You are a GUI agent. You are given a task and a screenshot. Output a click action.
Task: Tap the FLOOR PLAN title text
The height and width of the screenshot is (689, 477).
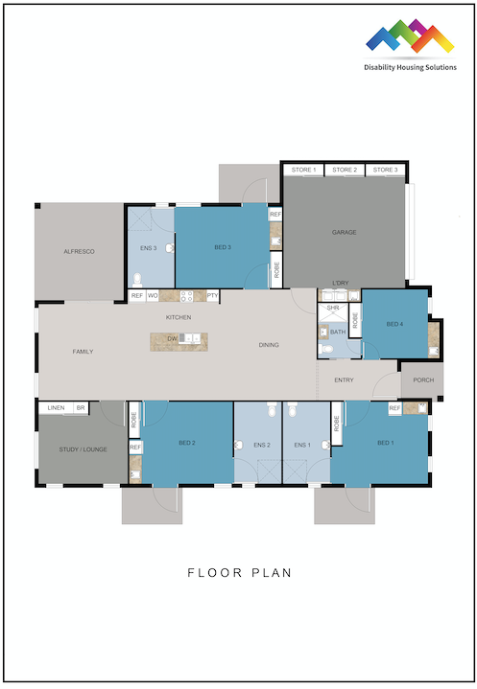tap(239, 573)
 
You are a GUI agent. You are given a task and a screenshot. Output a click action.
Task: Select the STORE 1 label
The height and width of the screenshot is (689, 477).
tap(302, 170)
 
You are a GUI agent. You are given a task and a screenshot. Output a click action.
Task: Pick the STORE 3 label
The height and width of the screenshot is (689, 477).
tap(384, 170)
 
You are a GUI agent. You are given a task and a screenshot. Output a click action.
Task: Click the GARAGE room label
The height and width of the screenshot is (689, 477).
tap(344, 233)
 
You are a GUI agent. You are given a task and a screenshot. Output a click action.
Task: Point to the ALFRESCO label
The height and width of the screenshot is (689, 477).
tap(79, 250)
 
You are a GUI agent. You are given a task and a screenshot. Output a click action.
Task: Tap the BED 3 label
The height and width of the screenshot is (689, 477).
tap(223, 247)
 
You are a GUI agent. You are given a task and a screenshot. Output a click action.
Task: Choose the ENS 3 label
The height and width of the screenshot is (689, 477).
tap(148, 248)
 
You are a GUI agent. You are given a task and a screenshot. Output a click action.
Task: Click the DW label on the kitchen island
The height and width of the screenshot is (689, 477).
tap(172, 338)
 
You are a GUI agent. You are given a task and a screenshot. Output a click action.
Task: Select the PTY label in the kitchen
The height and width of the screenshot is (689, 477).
tap(212, 296)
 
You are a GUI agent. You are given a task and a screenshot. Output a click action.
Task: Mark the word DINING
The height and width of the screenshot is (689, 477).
tap(269, 345)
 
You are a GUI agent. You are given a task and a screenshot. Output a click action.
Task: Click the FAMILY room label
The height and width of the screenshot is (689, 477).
tap(83, 352)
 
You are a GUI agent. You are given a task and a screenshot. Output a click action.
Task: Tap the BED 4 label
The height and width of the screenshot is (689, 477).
tap(394, 324)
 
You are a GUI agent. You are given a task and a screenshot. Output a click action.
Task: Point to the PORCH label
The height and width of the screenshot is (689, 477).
tap(423, 379)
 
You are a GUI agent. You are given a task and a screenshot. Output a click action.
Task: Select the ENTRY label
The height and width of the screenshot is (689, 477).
tap(344, 380)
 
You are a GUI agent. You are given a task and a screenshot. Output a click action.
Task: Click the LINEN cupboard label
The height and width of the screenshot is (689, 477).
tap(55, 407)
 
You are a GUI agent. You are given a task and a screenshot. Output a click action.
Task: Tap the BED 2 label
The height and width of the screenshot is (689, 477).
tap(186, 443)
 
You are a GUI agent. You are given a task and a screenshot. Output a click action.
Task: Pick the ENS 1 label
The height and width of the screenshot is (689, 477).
tap(302, 445)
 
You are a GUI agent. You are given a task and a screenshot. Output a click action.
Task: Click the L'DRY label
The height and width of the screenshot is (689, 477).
tap(339, 282)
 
